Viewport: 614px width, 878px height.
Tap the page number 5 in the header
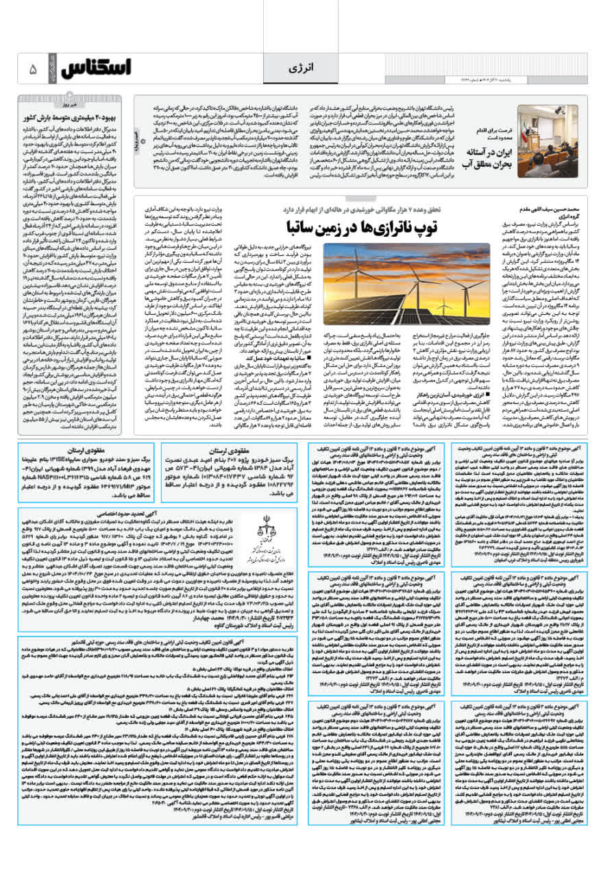pyautogui.click(x=33, y=70)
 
